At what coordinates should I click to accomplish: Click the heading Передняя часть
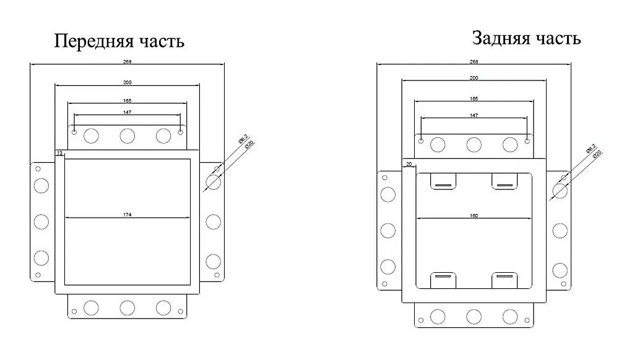pyautogui.click(x=119, y=41)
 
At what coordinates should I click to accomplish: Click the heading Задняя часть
pyautogui.click(x=526, y=38)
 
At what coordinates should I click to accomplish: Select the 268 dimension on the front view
pyautogui.click(x=128, y=61)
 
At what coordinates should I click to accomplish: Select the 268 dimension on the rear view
pyautogui.click(x=474, y=61)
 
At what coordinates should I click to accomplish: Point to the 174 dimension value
pyautogui.click(x=128, y=214)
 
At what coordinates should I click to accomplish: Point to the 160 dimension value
pyautogui.click(x=474, y=215)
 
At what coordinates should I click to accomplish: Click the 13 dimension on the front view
pyautogui.click(x=59, y=152)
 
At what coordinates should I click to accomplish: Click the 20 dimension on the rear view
pyautogui.click(x=409, y=164)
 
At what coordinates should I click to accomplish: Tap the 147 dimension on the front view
pyautogui.click(x=128, y=112)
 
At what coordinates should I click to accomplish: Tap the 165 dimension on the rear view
pyautogui.click(x=474, y=98)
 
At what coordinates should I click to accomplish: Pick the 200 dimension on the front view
pyautogui.click(x=128, y=82)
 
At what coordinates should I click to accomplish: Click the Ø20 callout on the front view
pyautogui.click(x=251, y=145)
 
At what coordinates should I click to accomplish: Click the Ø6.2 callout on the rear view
pyautogui.click(x=590, y=149)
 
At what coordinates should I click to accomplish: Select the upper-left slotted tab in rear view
pyautogui.click(x=444, y=182)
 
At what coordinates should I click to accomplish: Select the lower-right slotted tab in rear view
pyautogui.click(x=504, y=280)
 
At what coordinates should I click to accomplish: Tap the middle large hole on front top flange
pyautogui.click(x=128, y=135)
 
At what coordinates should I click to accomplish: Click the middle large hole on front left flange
pyautogui.click(x=41, y=221)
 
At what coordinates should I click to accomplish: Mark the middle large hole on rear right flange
pyautogui.click(x=560, y=230)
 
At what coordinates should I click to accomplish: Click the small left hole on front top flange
pyautogui.click(x=75, y=132)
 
